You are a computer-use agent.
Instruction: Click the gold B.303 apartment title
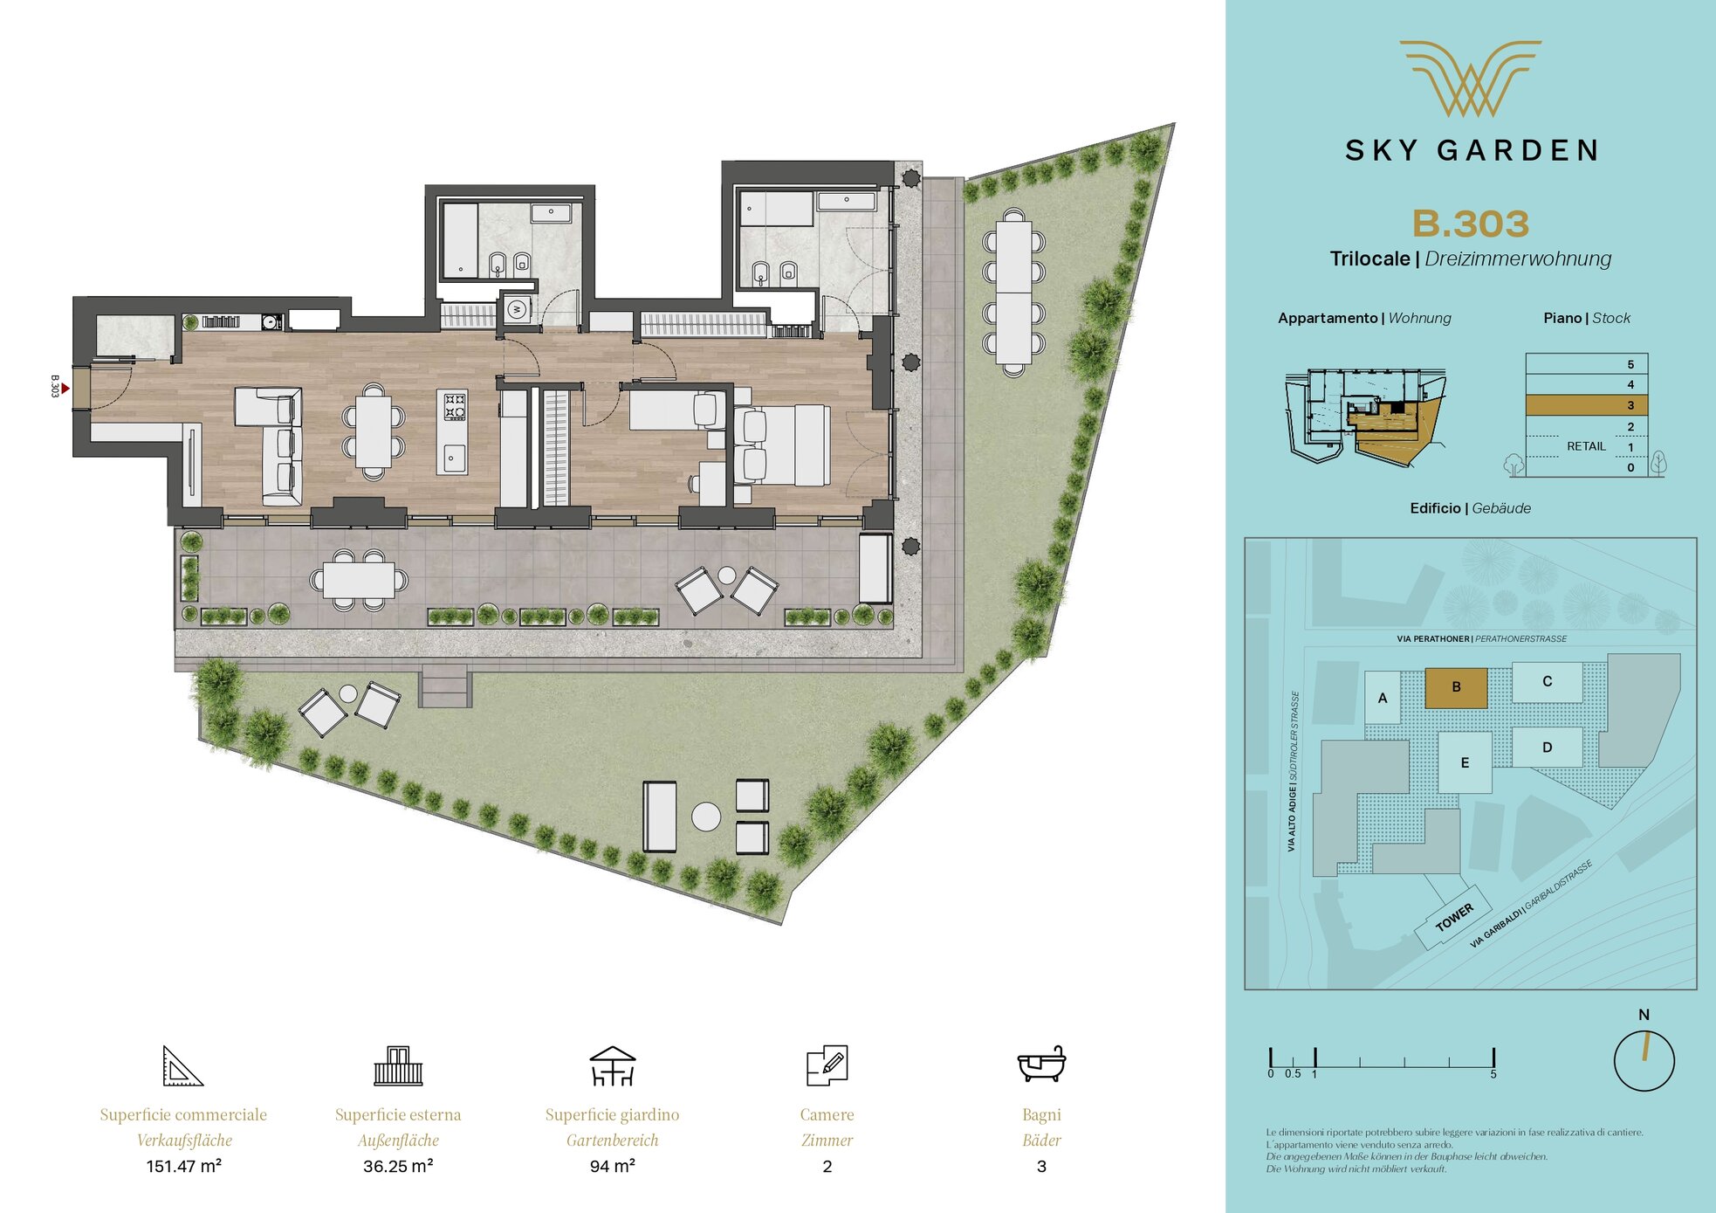(x=1471, y=224)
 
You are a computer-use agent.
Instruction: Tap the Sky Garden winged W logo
(x=1471, y=79)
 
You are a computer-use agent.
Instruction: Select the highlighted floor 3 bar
(x=1586, y=405)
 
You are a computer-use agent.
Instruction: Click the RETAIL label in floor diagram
(x=1586, y=446)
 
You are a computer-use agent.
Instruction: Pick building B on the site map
(x=1456, y=687)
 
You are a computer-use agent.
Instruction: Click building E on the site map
(x=1465, y=762)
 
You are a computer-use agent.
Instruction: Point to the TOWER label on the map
(x=1454, y=918)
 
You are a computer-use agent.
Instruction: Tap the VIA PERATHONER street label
(x=1432, y=639)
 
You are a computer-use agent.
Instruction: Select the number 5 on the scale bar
(x=1493, y=1074)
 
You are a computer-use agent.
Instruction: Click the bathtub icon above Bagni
(x=1041, y=1064)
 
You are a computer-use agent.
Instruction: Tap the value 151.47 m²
(x=184, y=1166)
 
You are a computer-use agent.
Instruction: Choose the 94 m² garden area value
(x=612, y=1166)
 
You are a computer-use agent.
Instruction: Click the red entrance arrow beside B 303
(x=65, y=389)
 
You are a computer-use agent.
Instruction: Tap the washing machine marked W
(x=517, y=309)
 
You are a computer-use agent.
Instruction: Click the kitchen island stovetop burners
(x=455, y=406)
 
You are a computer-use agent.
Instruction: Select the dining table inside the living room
(x=374, y=432)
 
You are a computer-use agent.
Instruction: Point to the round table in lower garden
(x=706, y=817)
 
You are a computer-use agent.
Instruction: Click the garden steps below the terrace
(x=445, y=686)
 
